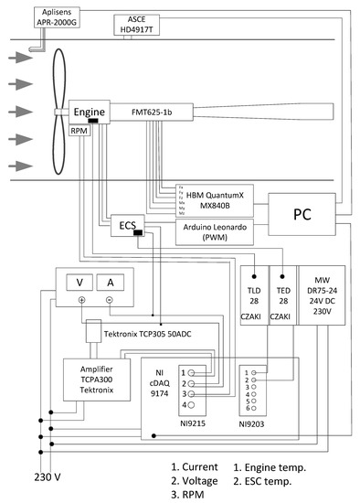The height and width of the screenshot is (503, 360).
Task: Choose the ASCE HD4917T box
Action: click(136, 24)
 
